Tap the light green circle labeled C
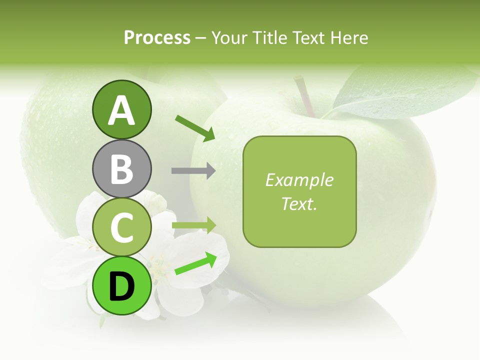121,227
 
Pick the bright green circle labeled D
121,286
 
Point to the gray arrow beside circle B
193,170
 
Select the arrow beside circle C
194,225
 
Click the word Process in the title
157,38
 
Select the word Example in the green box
299,180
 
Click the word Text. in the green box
299,203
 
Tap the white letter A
121,110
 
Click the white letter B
121,169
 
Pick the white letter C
121,228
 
